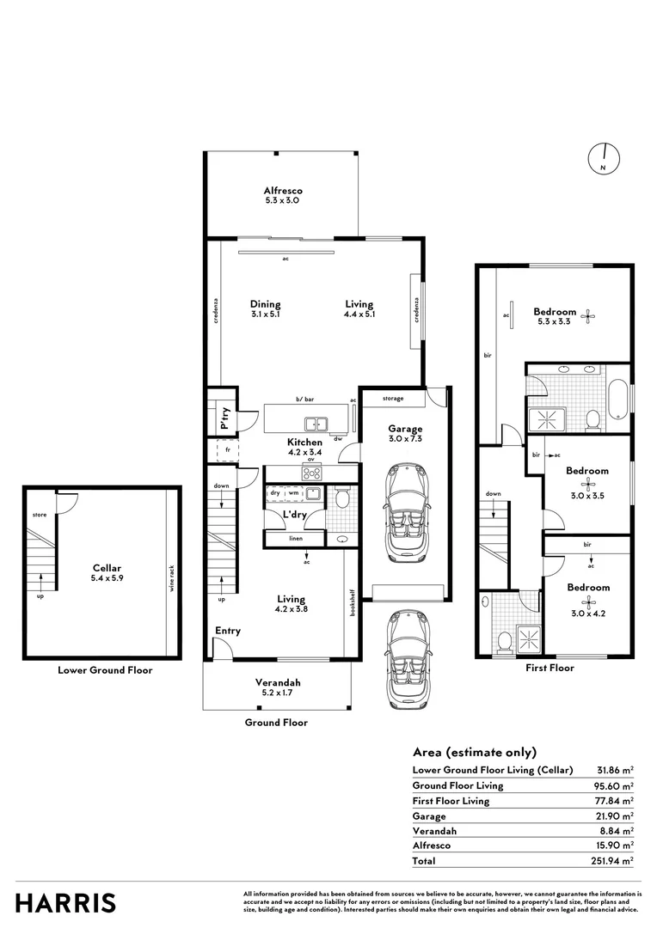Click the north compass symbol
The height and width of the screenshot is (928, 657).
(605, 158)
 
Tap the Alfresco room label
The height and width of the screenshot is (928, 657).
(282, 191)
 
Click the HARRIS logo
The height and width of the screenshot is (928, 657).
(66, 903)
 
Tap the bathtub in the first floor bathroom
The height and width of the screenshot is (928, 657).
(617, 400)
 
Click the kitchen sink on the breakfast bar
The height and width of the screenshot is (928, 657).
(316, 423)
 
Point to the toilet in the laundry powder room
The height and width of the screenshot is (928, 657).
(341, 498)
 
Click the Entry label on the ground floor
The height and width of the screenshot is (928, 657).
(228, 631)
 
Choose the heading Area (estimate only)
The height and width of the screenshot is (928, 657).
(474, 751)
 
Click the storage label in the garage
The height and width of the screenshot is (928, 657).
(393, 399)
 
